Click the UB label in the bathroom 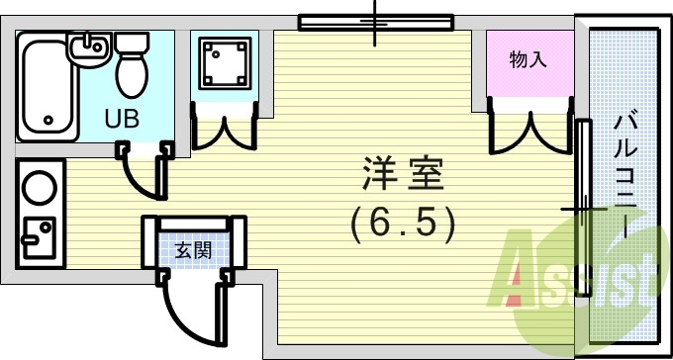(123, 118)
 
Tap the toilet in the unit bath (131, 62)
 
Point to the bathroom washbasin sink (90, 46)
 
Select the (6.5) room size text (403, 225)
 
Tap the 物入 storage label (528, 60)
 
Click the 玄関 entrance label (193, 250)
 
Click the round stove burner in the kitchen (41, 187)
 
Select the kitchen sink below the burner (41, 236)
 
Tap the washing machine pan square (224, 61)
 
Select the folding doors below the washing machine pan (224, 128)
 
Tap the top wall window (376, 20)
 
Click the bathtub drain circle (47, 123)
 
